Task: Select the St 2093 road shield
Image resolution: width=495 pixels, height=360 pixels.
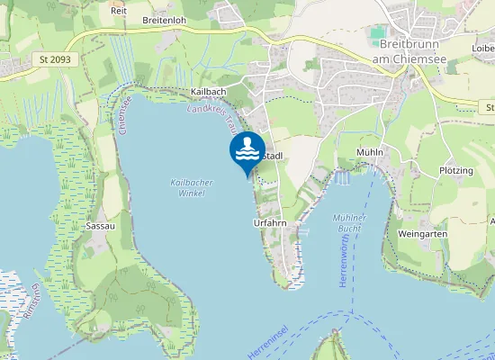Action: (x=56, y=59)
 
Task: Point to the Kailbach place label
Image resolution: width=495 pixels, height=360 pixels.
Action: (x=208, y=92)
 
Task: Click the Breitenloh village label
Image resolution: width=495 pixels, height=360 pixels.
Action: (x=164, y=19)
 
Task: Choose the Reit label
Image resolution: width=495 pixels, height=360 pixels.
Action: (x=118, y=11)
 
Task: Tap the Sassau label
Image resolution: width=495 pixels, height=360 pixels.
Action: (x=100, y=226)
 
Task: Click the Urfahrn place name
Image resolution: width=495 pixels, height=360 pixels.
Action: (x=270, y=221)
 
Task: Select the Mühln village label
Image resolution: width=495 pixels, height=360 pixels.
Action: (x=370, y=152)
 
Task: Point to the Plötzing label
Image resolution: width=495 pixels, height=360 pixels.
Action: (x=456, y=170)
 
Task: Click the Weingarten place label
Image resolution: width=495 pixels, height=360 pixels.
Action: (x=422, y=233)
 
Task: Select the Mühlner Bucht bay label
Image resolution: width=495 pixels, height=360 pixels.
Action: (x=349, y=223)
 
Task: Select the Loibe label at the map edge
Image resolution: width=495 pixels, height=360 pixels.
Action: (x=483, y=49)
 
